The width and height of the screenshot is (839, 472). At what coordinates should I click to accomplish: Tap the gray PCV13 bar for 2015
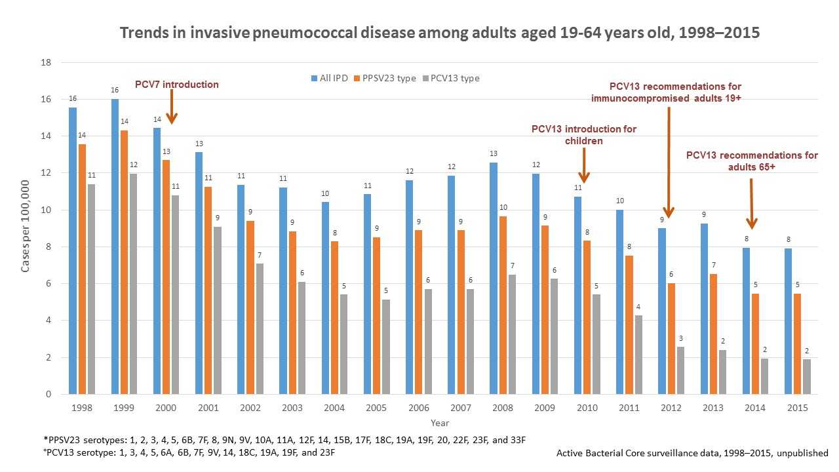806,376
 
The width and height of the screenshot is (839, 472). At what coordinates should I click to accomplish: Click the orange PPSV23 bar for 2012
671,338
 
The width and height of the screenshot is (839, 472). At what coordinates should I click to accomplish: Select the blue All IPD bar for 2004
326,298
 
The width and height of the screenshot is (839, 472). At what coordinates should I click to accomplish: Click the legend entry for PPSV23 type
391,78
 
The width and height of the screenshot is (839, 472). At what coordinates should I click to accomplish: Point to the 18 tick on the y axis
47,63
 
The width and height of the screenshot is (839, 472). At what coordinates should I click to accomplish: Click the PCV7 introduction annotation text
176,85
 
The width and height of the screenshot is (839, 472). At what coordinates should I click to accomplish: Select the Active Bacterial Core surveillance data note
692,453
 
